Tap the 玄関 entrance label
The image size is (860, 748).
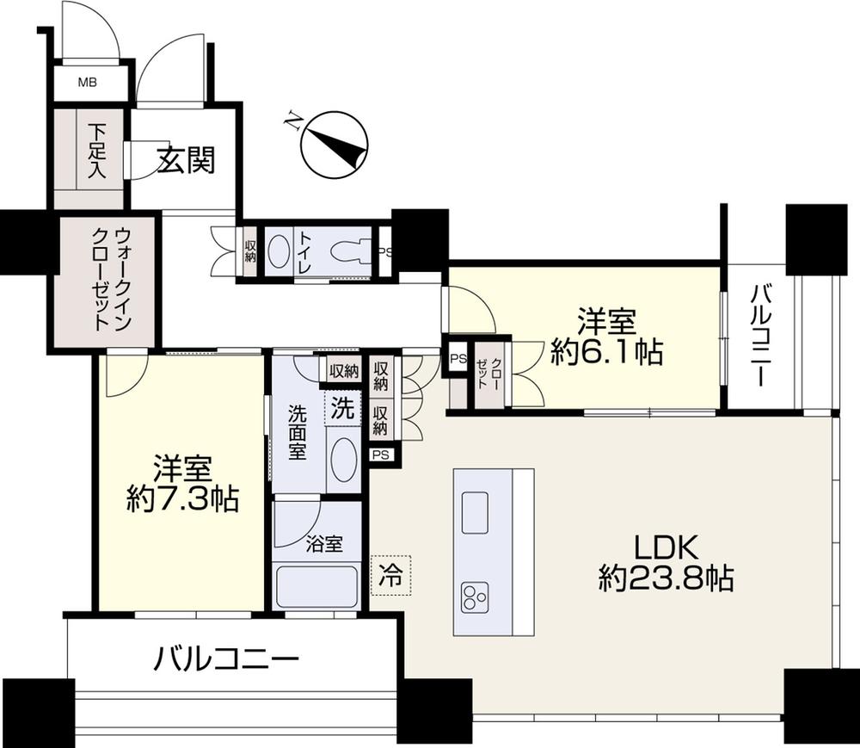click(185, 159)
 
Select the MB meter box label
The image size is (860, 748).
click(88, 83)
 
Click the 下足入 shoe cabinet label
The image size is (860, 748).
click(96, 151)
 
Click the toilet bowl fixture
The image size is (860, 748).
click(348, 250)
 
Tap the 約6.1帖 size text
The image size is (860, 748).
click(607, 353)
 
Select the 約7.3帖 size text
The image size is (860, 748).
click(182, 500)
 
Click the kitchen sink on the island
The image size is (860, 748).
click(476, 513)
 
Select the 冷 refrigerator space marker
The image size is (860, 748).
click(390, 574)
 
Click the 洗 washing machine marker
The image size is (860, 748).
click(342, 410)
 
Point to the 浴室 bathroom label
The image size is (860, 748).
click(324, 544)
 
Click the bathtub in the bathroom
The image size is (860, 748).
click(315, 589)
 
